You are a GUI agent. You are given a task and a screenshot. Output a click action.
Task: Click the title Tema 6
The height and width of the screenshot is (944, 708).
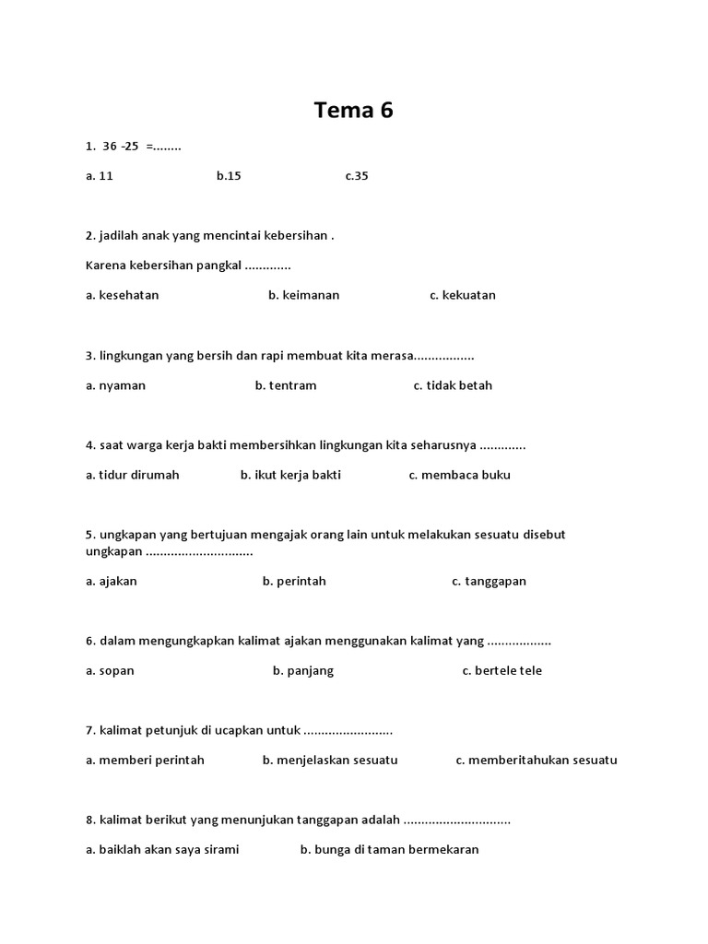tap(353, 111)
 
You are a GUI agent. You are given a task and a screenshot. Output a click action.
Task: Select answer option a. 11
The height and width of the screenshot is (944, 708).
tap(100, 176)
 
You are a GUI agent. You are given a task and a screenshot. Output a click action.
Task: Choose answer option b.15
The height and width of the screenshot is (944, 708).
tap(229, 176)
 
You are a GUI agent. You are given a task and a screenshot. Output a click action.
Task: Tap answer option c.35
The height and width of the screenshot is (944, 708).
tap(357, 176)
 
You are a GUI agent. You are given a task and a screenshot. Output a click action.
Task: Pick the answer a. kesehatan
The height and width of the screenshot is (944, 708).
tap(123, 295)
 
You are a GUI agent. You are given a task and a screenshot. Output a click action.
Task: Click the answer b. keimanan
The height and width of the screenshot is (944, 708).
tap(304, 295)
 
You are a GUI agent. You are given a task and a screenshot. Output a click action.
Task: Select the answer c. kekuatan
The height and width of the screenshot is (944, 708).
tap(463, 295)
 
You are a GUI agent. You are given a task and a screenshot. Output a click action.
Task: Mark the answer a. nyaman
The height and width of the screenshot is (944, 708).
tap(116, 385)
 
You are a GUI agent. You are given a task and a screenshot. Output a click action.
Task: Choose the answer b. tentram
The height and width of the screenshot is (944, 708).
tap(286, 385)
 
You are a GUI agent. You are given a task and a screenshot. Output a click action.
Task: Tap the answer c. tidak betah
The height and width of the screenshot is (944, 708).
tap(453, 385)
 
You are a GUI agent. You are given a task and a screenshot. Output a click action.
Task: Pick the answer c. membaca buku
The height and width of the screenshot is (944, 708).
tap(459, 475)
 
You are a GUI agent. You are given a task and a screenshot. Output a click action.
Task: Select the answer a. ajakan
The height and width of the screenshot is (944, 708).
tap(112, 582)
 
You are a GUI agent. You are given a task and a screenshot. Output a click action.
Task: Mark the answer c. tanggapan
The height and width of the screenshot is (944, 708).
tap(489, 582)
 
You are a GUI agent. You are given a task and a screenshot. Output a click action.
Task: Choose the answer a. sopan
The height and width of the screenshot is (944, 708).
tap(111, 671)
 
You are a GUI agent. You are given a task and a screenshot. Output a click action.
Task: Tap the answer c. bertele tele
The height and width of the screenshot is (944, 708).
tap(502, 671)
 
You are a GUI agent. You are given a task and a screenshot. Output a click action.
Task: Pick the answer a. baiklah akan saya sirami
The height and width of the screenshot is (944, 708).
tap(162, 850)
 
